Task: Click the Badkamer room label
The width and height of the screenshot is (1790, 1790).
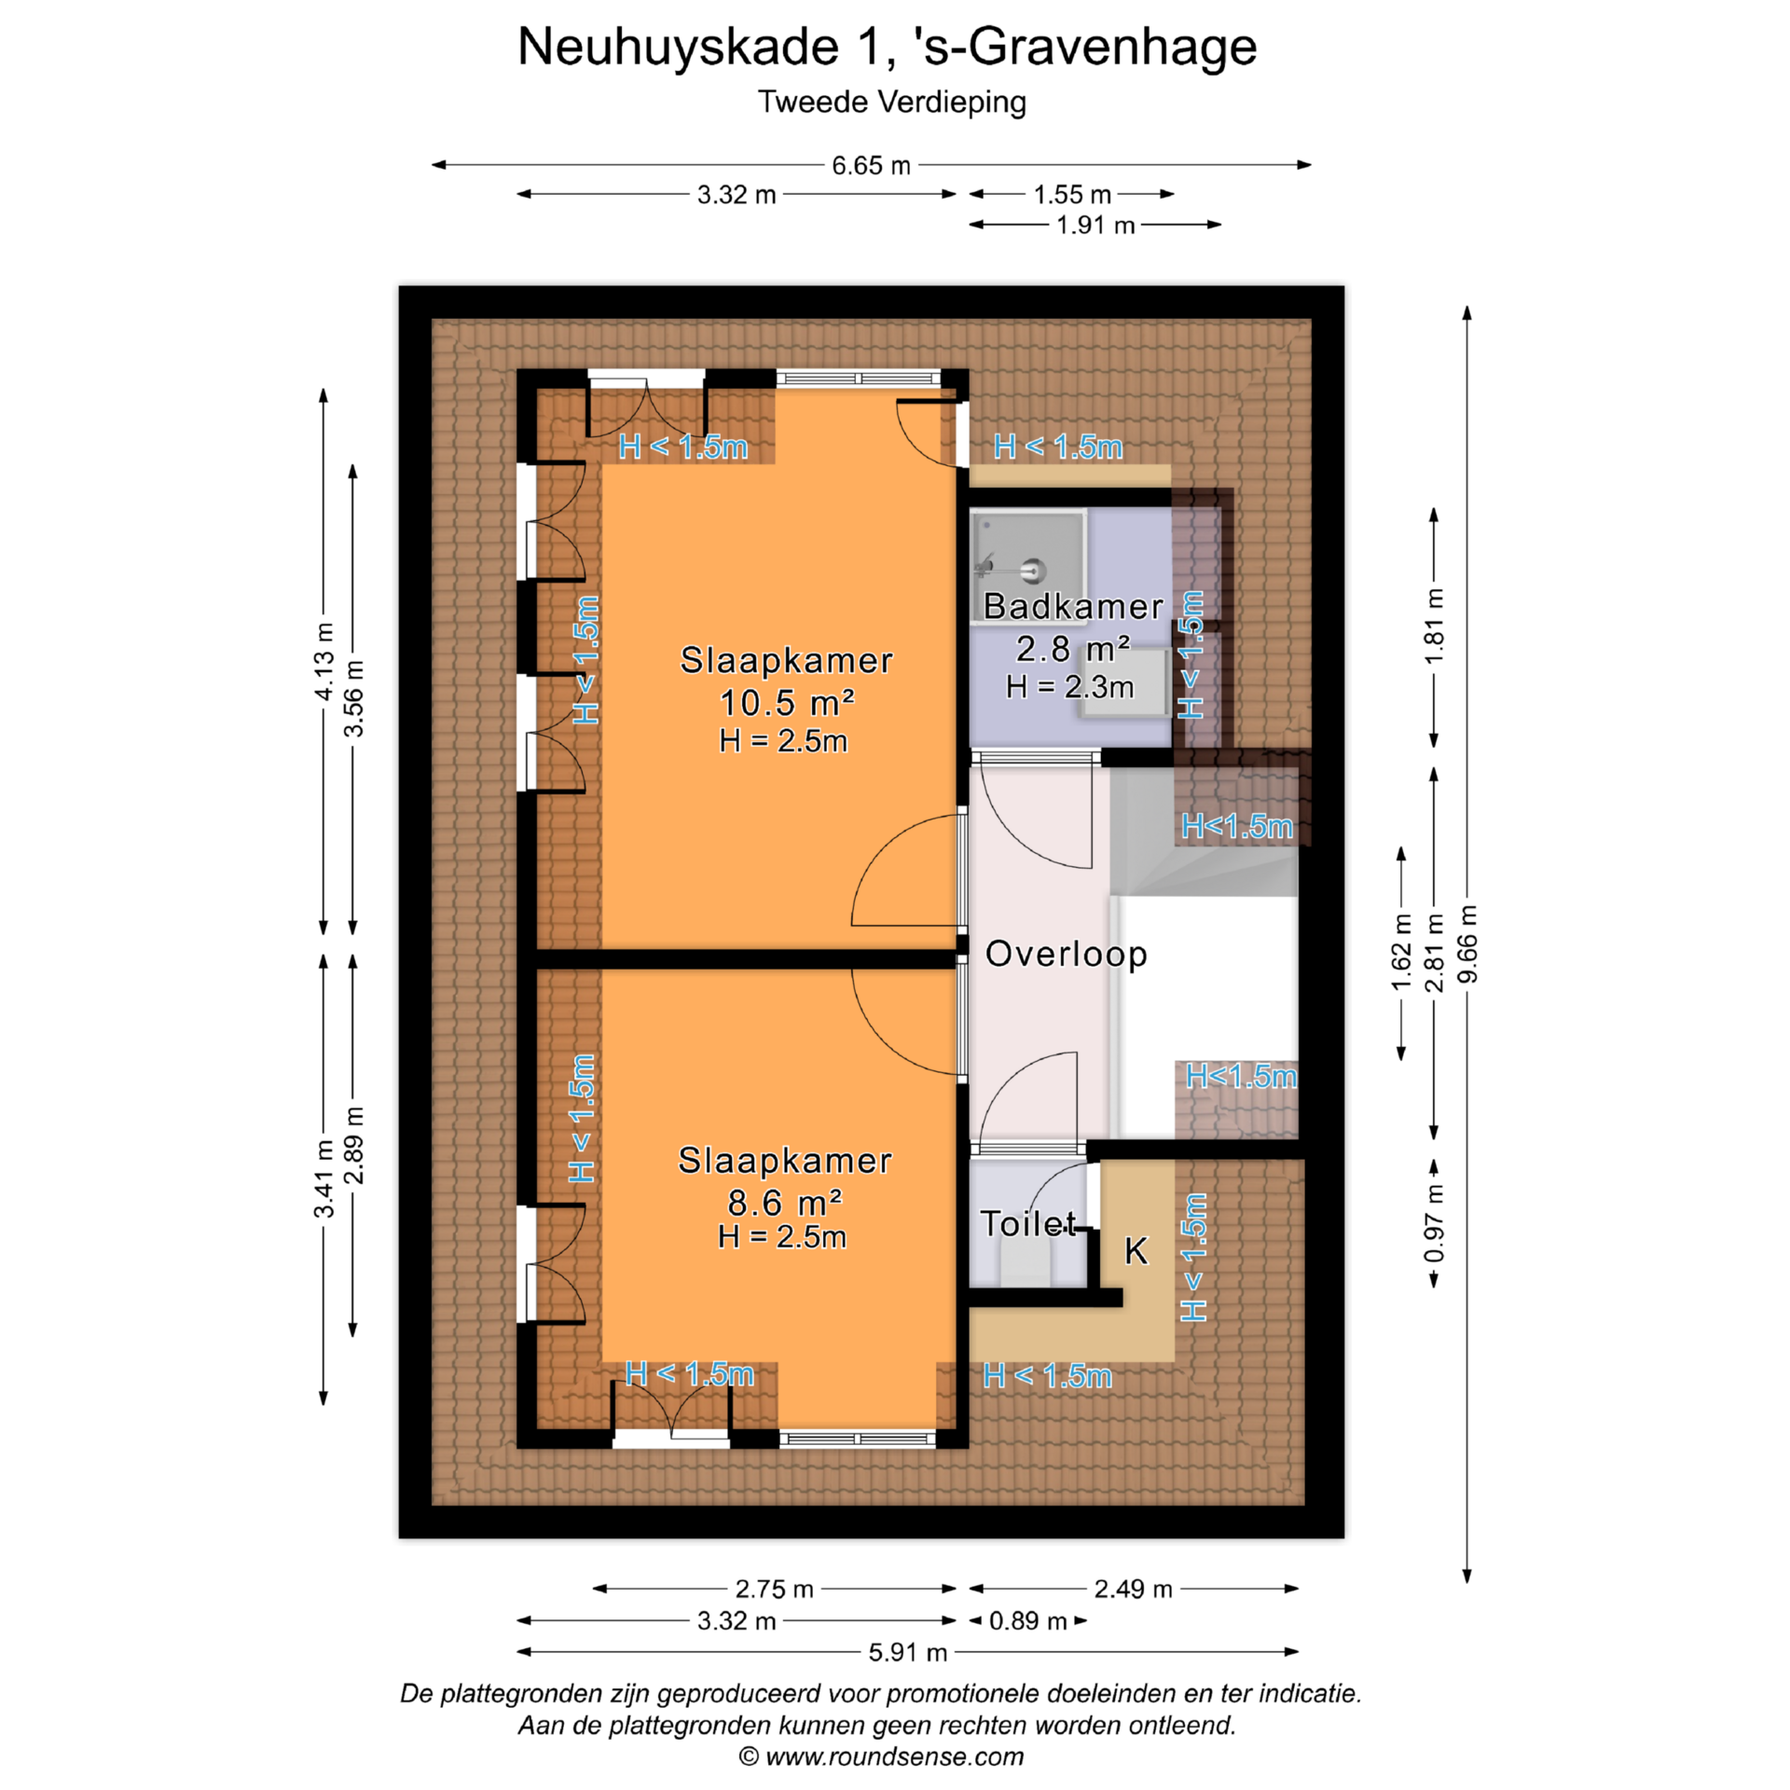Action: tap(1073, 607)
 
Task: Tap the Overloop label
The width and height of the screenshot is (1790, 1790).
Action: tap(1066, 954)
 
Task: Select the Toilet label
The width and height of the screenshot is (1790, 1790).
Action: tap(1028, 1223)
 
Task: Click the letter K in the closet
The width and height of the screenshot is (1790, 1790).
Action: tap(1136, 1250)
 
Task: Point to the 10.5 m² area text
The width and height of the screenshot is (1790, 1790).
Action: tap(787, 702)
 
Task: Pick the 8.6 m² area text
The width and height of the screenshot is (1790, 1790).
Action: tap(785, 1203)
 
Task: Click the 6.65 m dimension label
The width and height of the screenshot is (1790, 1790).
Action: tap(871, 166)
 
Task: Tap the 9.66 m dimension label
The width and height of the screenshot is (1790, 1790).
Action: tap(1467, 943)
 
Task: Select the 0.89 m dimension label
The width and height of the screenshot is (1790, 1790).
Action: tap(1027, 1620)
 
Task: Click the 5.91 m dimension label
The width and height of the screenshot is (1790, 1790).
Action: tap(907, 1652)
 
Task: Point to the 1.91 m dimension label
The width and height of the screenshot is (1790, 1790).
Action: tap(1095, 226)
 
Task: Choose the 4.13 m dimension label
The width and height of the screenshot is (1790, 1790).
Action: tap(323, 661)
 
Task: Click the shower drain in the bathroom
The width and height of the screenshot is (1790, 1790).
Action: tap(1033, 571)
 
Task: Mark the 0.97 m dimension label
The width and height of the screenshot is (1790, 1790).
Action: tap(1434, 1223)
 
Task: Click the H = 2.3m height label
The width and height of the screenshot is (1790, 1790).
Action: tap(1070, 687)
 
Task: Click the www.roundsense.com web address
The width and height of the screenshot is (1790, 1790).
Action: tap(894, 1757)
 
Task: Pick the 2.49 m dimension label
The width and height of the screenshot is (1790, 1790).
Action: tap(1133, 1589)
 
